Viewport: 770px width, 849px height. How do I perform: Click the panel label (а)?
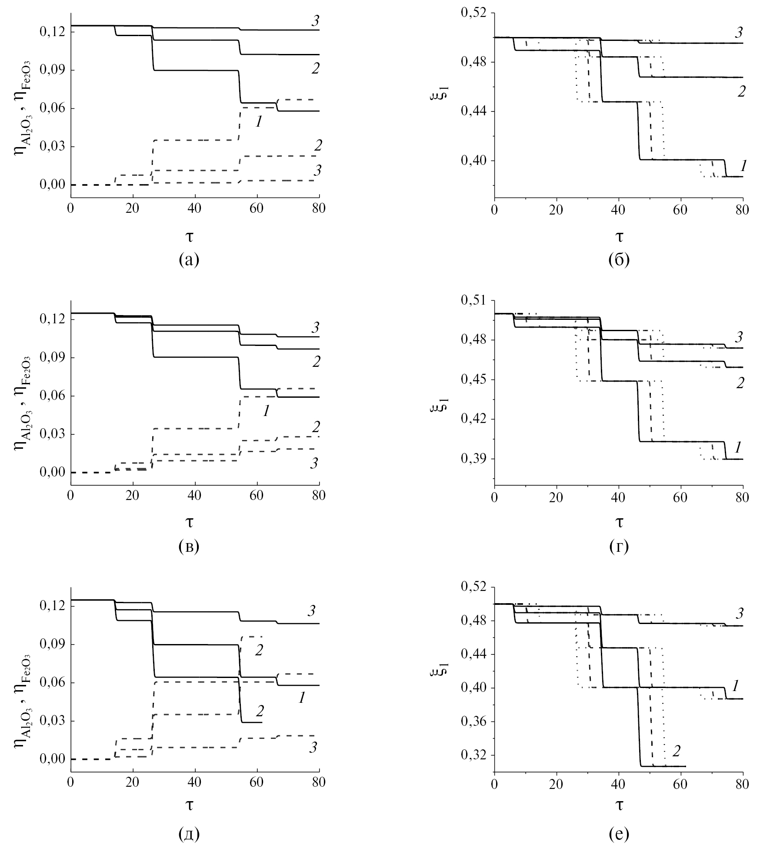point(189,260)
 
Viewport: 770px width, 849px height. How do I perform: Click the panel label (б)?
point(619,260)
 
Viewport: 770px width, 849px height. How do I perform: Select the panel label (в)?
point(189,546)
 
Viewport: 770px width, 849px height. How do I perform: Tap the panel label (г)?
point(619,546)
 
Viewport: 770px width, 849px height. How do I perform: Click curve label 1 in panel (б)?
point(744,165)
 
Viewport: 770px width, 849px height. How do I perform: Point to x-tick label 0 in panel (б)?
point(494,208)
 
